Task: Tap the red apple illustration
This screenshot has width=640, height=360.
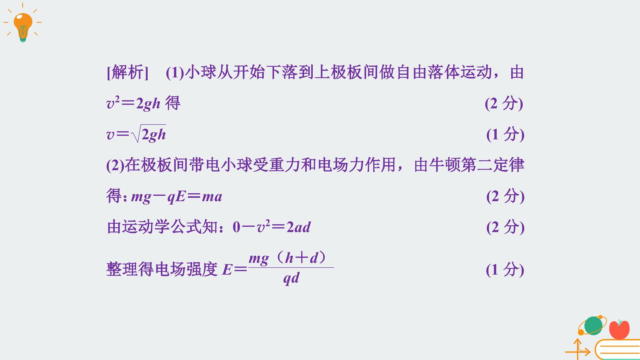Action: coord(619,329)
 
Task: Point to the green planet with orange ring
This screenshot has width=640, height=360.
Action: coord(593,325)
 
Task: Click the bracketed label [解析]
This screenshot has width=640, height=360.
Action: coord(127,72)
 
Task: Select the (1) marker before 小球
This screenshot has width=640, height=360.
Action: coord(175,73)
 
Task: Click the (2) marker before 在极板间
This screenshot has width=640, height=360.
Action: coord(115,165)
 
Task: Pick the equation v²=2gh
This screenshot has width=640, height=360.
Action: coord(133,103)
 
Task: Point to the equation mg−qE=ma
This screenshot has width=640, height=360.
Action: coord(177,197)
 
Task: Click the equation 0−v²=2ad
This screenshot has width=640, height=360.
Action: coord(272,227)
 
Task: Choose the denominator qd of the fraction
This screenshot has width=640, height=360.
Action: coord(291,278)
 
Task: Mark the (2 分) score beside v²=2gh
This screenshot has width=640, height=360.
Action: coord(504,103)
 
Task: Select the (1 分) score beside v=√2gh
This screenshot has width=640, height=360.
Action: coord(505,134)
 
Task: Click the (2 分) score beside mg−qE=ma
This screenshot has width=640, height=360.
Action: coord(505,196)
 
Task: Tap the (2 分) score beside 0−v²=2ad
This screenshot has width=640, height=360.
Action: coord(505,227)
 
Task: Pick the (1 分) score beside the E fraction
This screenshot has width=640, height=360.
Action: coord(505,269)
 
